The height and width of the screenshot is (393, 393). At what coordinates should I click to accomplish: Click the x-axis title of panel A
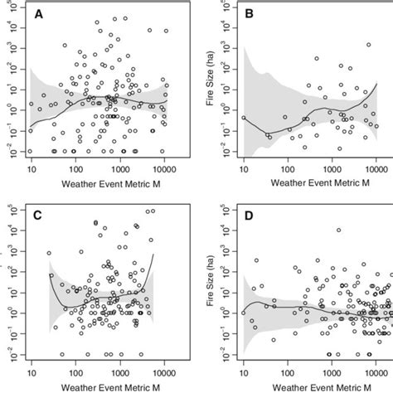(98, 182)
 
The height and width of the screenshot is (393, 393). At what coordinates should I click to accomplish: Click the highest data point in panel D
(337, 230)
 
